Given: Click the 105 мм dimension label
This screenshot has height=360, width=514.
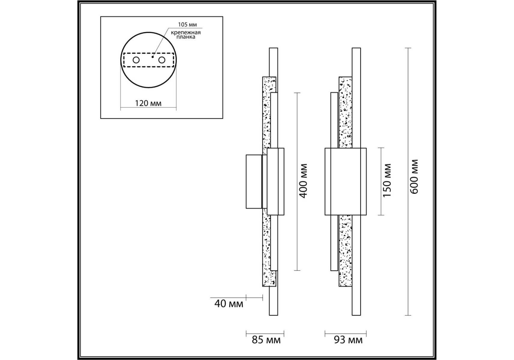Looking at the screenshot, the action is (187, 25).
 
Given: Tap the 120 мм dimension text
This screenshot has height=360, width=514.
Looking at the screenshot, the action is (148, 103).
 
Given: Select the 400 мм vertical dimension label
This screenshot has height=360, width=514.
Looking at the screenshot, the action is (304, 181).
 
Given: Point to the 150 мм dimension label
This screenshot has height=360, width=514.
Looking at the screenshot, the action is (387, 180).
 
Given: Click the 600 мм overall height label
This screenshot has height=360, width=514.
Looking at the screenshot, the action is (414, 177).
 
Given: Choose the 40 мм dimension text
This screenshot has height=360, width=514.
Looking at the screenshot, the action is (229, 304).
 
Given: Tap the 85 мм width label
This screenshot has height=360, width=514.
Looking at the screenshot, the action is (266, 340).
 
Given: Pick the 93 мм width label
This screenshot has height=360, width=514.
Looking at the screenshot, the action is (348, 340).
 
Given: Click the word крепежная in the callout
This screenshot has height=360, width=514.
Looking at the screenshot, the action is (186, 32).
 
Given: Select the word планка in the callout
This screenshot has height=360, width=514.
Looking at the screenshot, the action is (186, 37).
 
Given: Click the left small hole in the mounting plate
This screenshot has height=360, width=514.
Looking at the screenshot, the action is (136, 60).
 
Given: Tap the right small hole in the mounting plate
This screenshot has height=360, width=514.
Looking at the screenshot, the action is (162, 60).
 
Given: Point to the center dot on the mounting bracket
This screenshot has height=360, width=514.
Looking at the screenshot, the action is (153, 56).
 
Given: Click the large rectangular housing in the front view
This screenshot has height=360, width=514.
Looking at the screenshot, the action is (346, 181).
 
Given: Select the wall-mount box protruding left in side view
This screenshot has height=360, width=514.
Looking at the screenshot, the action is (254, 181).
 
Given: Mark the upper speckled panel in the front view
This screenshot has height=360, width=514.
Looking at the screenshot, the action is (345, 112).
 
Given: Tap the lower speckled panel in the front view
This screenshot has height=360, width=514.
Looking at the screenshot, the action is (345, 251).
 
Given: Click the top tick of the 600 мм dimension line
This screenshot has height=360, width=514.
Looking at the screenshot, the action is (408, 48).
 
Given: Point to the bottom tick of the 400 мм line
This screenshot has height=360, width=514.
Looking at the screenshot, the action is (297, 271).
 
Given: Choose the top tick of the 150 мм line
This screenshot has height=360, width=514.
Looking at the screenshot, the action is (381, 148).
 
